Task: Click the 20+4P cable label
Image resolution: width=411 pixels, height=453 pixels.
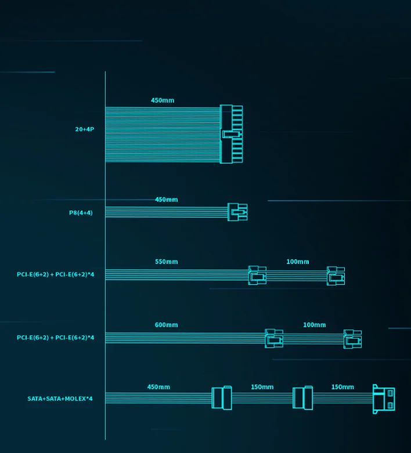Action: (x=84, y=129)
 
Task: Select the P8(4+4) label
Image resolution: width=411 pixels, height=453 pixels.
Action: (x=81, y=213)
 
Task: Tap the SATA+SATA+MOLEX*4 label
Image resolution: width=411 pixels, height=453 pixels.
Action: (x=60, y=398)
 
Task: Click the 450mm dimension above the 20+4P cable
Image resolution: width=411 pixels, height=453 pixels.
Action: (x=163, y=100)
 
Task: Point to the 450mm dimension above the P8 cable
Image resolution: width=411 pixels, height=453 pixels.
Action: (x=167, y=200)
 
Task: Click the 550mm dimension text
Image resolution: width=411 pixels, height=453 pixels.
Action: (x=167, y=262)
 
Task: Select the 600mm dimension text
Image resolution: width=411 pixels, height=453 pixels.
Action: (x=167, y=325)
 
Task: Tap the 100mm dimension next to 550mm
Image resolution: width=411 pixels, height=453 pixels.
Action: (x=298, y=262)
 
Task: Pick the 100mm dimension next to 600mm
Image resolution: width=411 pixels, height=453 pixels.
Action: (x=315, y=325)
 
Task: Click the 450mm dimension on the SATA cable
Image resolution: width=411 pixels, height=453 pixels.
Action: (x=159, y=387)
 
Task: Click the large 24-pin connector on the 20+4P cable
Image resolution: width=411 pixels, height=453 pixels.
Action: (x=231, y=134)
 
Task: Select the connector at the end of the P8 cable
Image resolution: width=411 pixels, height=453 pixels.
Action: (x=237, y=212)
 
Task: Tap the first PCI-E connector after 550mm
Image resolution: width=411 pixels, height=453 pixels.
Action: (x=257, y=275)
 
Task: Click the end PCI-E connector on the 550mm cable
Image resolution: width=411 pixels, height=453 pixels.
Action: (x=336, y=276)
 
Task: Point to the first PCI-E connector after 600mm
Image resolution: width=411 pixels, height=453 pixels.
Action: (x=274, y=338)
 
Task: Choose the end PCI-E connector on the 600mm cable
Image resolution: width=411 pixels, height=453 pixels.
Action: (x=352, y=339)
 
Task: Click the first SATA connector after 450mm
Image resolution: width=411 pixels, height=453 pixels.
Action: (x=222, y=398)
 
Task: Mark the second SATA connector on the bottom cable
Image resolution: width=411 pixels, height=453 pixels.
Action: (x=302, y=398)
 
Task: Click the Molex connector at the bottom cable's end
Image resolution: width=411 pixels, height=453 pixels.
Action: (x=384, y=399)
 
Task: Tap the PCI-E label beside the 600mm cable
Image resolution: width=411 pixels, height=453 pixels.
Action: (x=55, y=338)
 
